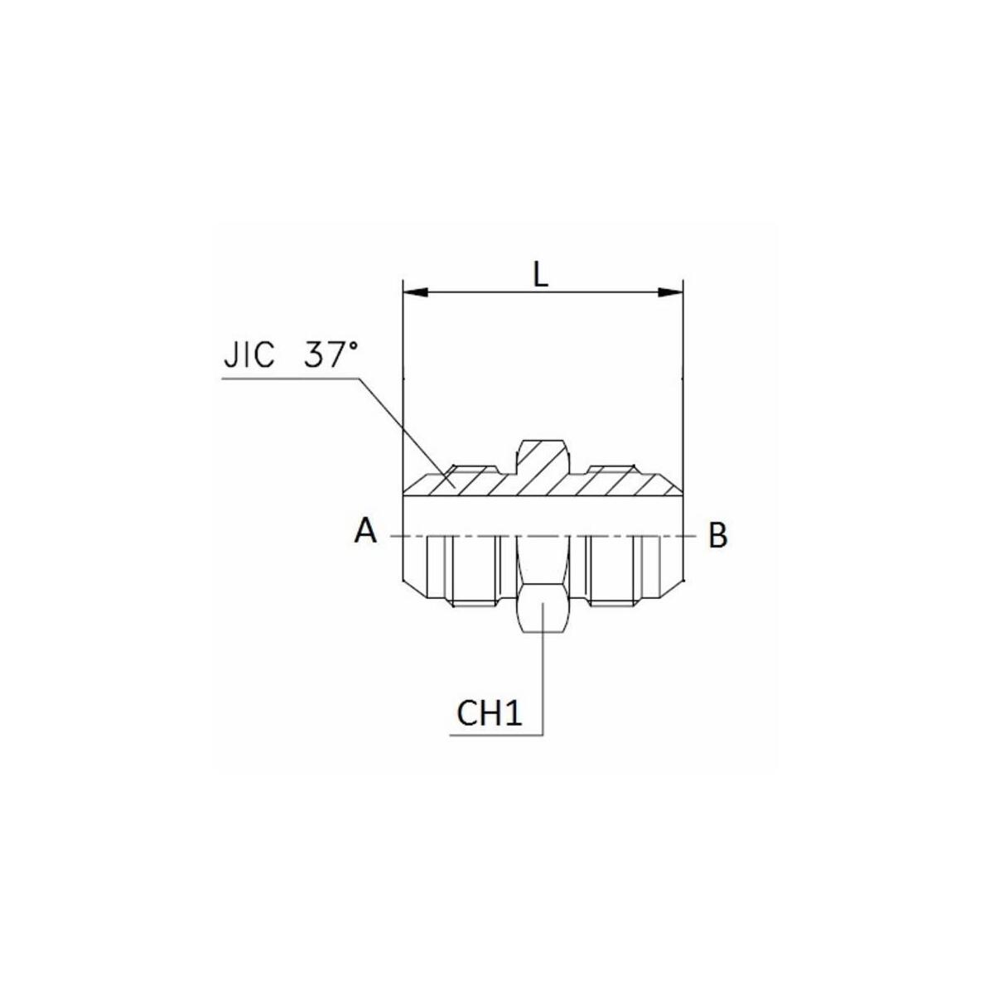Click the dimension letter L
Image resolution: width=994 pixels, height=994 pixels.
click(x=540, y=276)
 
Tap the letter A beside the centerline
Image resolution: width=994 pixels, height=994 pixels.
click(x=366, y=531)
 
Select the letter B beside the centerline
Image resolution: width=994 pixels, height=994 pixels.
click(x=717, y=535)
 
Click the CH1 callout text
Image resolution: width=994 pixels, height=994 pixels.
click(x=489, y=714)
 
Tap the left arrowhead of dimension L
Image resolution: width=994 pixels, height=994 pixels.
click(x=416, y=292)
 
